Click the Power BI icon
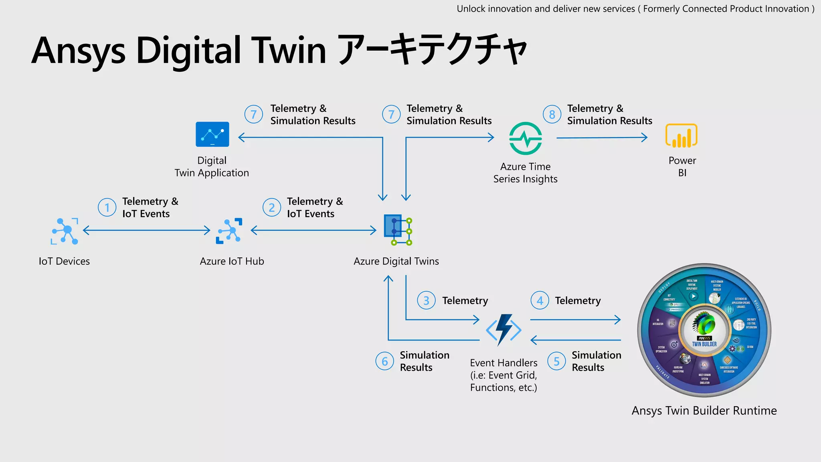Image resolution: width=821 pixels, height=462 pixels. [x=681, y=136]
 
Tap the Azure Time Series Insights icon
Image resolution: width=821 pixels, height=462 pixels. [x=526, y=138]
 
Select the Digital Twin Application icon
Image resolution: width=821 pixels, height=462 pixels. [x=212, y=134]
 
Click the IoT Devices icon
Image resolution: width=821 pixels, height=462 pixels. [x=65, y=231]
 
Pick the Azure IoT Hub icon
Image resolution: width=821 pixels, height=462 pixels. [x=229, y=231]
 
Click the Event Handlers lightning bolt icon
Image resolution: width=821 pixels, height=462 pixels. [x=504, y=330]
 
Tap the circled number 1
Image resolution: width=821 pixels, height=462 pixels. [x=107, y=207]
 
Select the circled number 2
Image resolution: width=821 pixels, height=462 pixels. [x=272, y=207]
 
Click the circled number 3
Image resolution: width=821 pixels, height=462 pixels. [x=426, y=300]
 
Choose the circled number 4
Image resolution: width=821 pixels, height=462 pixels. [x=540, y=300]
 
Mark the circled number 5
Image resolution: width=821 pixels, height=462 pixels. [x=556, y=361]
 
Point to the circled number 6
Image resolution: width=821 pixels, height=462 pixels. [x=384, y=361]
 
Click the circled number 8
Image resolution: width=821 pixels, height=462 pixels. [x=552, y=115]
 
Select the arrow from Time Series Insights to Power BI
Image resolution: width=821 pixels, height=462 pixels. [x=602, y=138]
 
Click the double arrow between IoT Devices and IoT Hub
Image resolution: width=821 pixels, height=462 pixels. [x=146, y=230]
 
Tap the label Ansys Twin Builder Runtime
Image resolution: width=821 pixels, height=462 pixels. [x=704, y=411]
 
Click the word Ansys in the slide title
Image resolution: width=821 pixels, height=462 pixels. [x=79, y=51]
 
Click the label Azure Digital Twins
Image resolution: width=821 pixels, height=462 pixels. [x=396, y=261]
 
